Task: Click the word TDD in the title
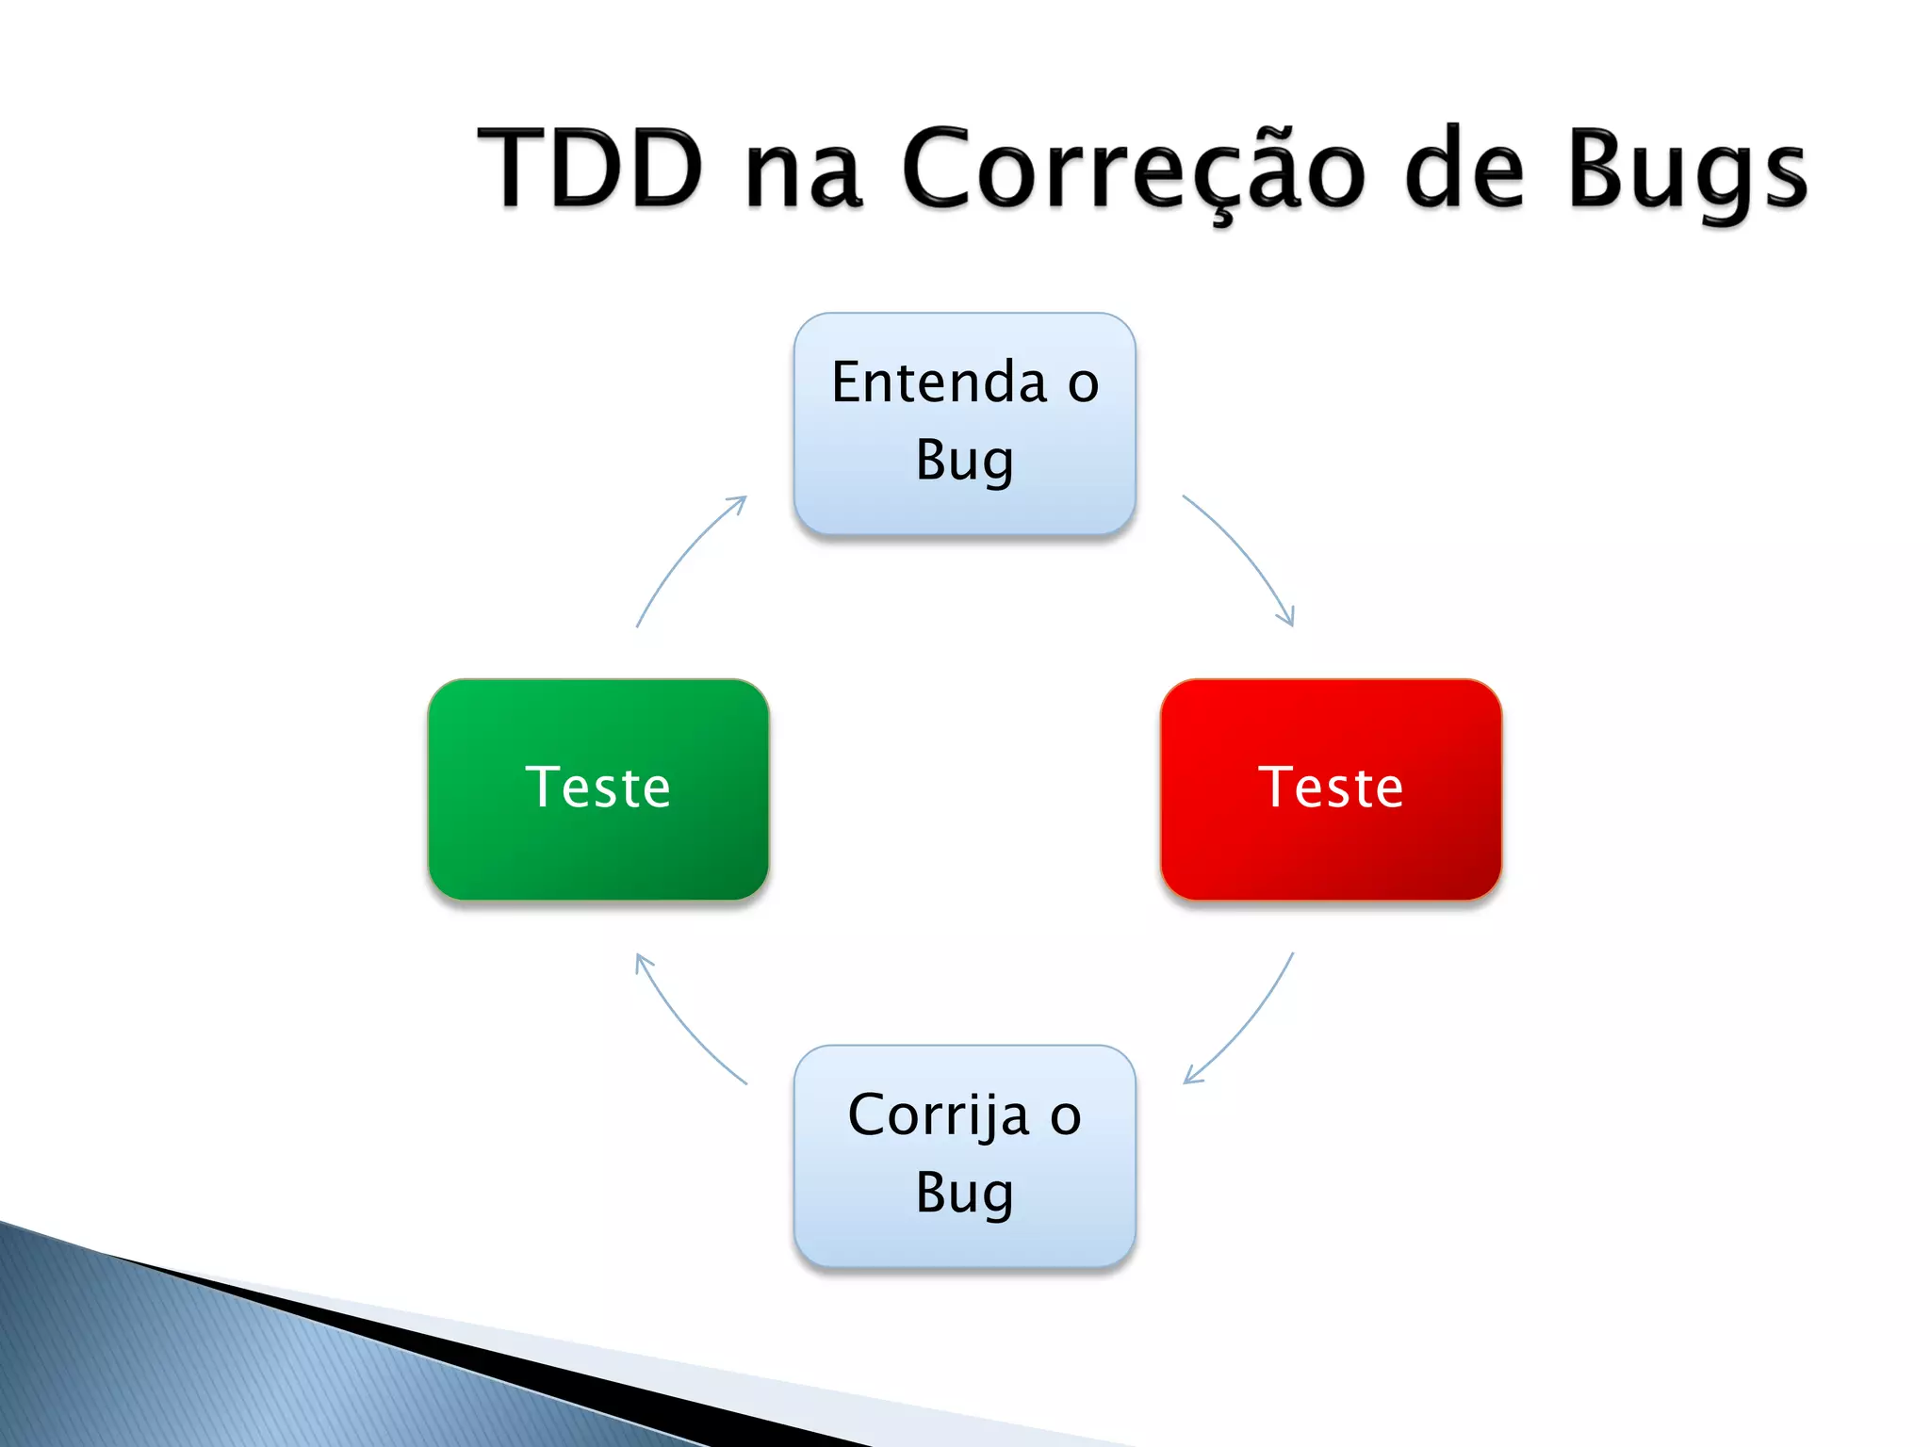point(591,170)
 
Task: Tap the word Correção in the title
point(1132,170)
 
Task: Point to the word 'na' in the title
point(803,173)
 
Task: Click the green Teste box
point(597,848)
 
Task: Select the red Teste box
point(1331,848)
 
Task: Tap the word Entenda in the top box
point(939,382)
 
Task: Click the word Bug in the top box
point(964,461)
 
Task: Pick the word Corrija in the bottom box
point(939,1115)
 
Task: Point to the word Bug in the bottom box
point(964,1194)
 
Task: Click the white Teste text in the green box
point(597,788)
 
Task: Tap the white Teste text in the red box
point(1331,788)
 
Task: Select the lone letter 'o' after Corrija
point(1066,1117)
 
